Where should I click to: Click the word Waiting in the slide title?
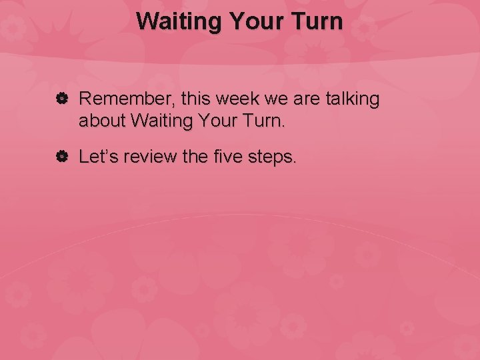179,21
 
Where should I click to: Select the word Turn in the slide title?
317,21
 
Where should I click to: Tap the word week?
237,100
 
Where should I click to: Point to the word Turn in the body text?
263,121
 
